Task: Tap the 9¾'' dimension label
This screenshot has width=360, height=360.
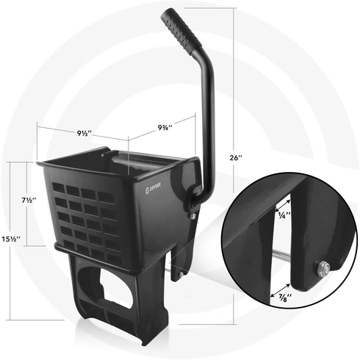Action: (x=165, y=127)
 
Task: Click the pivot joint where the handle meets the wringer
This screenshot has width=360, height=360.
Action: (x=195, y=192)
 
